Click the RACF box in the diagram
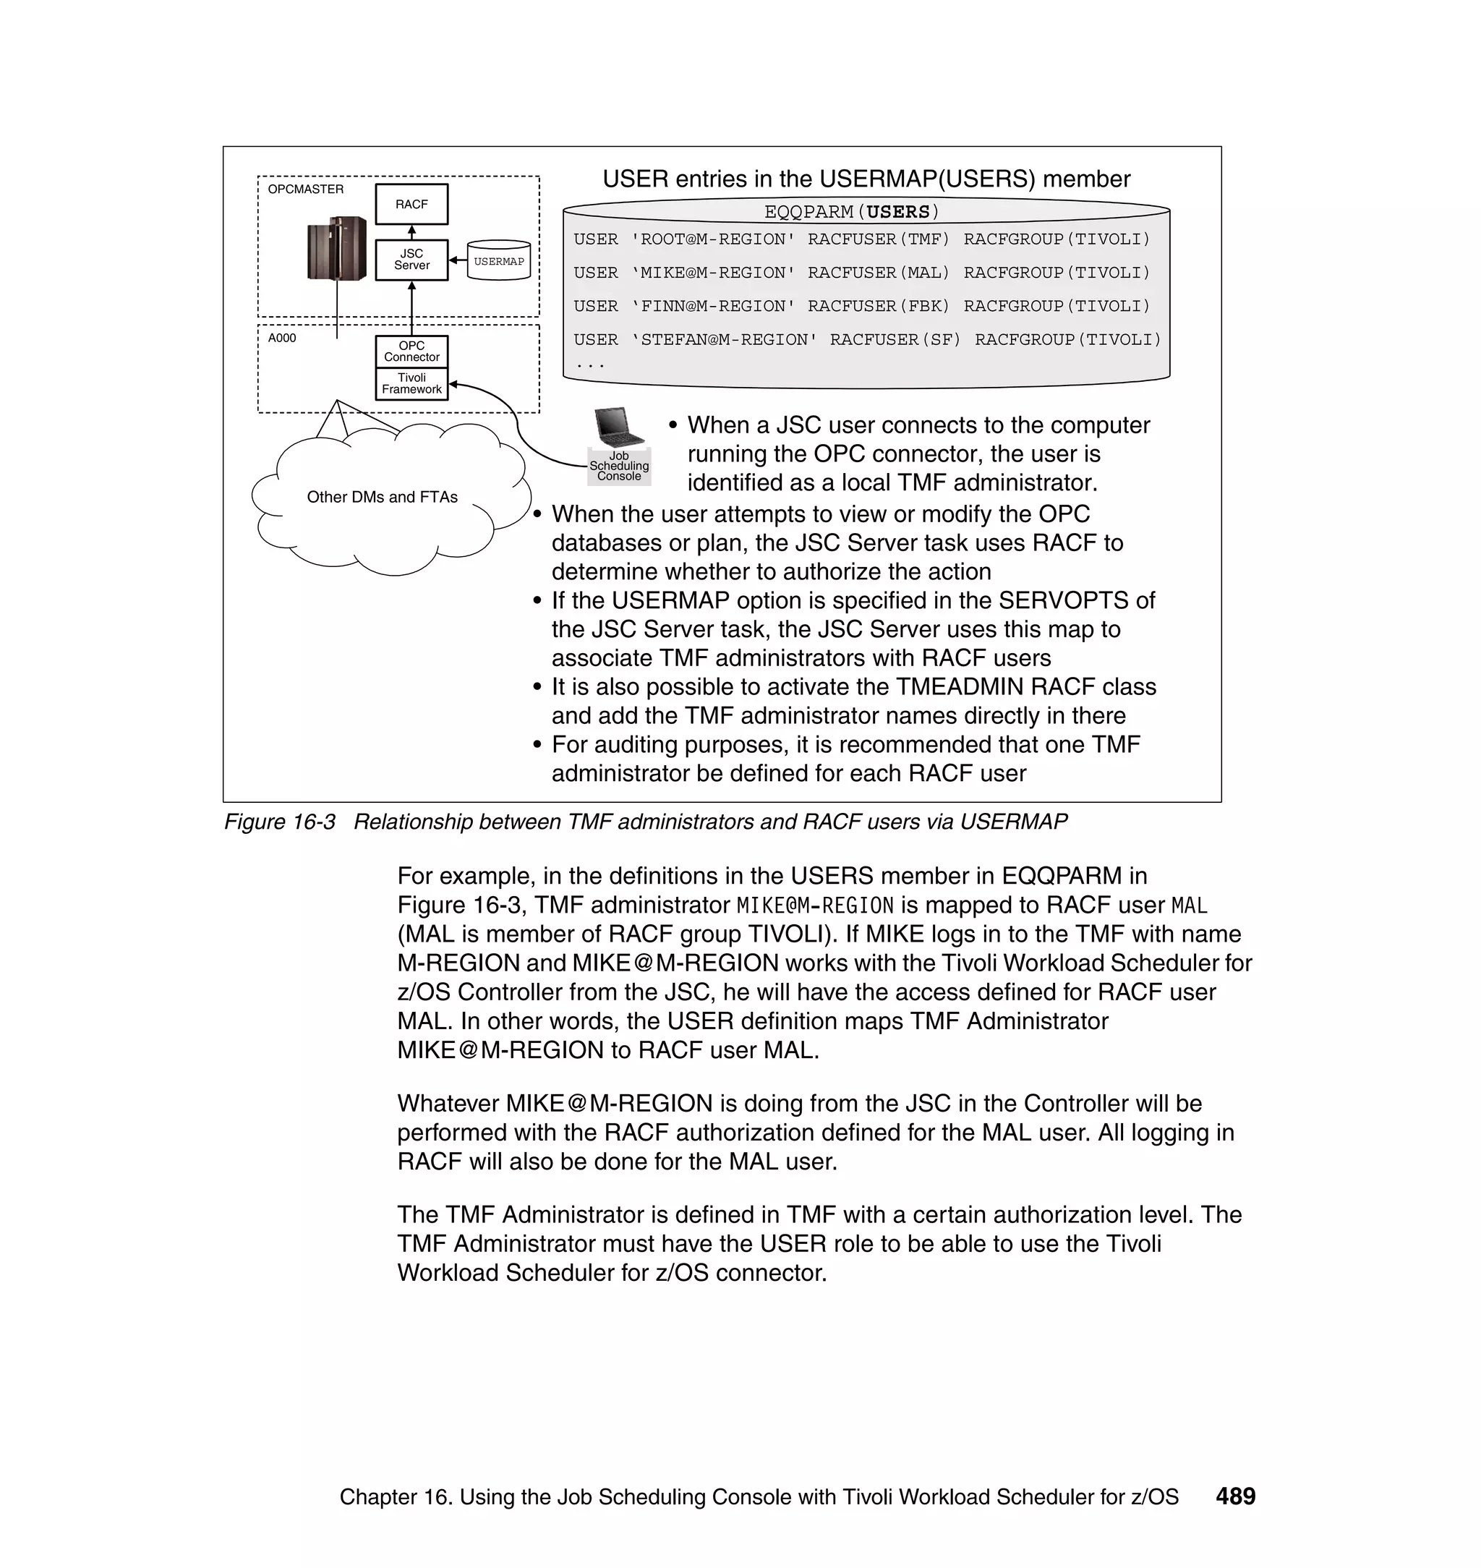pos(411,205)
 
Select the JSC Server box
pos(411,260)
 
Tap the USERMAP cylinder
pos(498,261)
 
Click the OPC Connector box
pos(411,351)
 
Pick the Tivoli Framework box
pos(411,384)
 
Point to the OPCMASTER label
pos(305,189)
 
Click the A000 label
pos(282,338)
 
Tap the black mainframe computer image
pos(337,248)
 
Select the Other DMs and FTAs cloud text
pos(382,498)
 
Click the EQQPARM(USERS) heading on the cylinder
pos(852,212)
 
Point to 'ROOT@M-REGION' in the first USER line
pos(713,239)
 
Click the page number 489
pos(1235,1496)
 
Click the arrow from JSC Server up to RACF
pos(411,232)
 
